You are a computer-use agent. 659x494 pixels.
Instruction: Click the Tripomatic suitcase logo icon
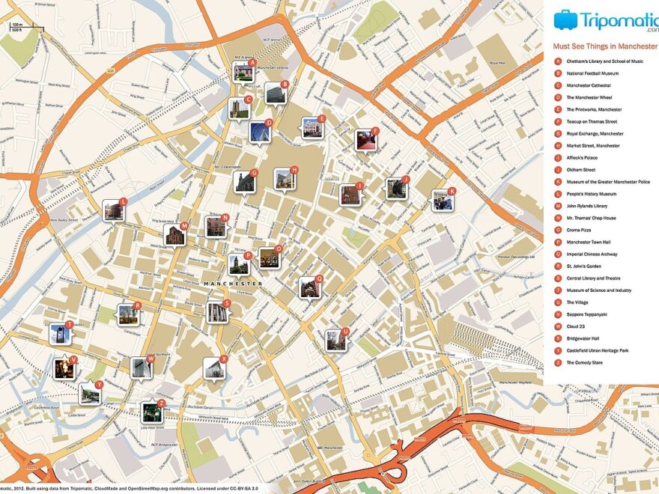(565, 19)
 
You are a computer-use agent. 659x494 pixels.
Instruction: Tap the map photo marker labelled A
(243, 73)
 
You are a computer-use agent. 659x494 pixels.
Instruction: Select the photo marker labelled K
(442, 200)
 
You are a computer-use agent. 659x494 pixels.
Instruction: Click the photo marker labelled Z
(152, 412)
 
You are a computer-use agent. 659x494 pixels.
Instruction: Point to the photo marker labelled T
(59, 333)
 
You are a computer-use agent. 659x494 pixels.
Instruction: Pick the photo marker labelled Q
(309, 287)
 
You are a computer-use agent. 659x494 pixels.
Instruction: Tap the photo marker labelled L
(113, 210)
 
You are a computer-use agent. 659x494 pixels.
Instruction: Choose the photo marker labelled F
(365, 140)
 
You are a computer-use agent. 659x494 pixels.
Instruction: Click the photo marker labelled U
(335, 341)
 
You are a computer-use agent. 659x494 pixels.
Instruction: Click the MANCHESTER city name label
(233, 284)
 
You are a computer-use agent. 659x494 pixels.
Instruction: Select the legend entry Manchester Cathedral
(589, 85)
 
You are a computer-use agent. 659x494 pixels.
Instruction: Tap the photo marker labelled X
(213, 368)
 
